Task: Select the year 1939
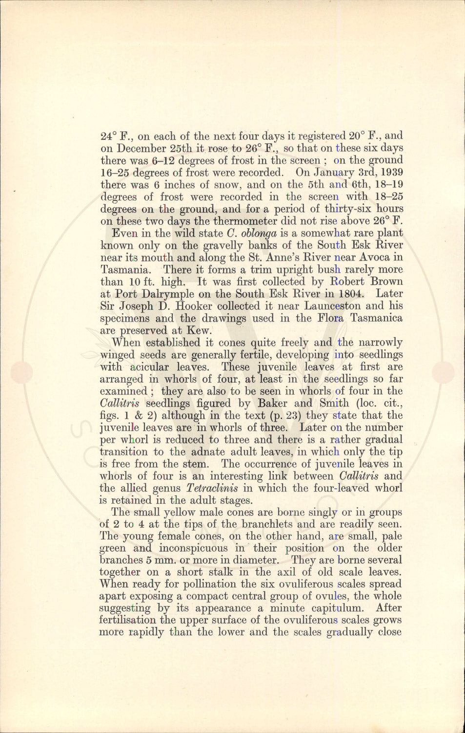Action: [x=391, y=172]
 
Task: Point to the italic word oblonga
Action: [x=259, y=234]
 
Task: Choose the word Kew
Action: [x=199, y=331]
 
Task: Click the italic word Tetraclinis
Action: [x=212, y=488]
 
